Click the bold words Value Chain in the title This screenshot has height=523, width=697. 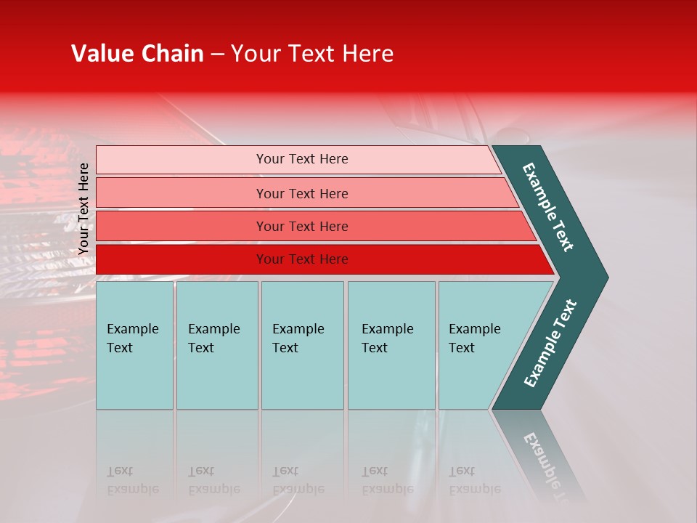coord(137,54)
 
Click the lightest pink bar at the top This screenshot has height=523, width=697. coord(182,160)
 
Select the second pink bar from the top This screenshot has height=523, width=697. coord(182,193)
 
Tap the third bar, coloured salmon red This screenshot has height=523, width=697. coord(182,227)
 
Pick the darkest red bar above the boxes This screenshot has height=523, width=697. coord(182,259)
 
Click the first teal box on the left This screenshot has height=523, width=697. coord(134,345)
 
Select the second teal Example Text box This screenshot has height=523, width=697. coord(217,345)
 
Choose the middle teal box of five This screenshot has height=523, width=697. coord(302,345)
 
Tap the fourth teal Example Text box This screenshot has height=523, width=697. coord(391,345)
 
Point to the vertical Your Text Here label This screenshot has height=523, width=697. coord(84,208)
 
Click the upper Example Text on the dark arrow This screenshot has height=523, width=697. coord(548,207)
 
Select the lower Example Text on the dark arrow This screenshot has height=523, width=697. coord(550,344)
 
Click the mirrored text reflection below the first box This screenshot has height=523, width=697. coord(132,480)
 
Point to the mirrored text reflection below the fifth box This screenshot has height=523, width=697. coord(474,480)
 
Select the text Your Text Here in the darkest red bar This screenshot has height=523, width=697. coord(302,259)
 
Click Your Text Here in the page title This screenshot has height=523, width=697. coord(312,54)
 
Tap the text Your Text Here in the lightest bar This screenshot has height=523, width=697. coord(302,159)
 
